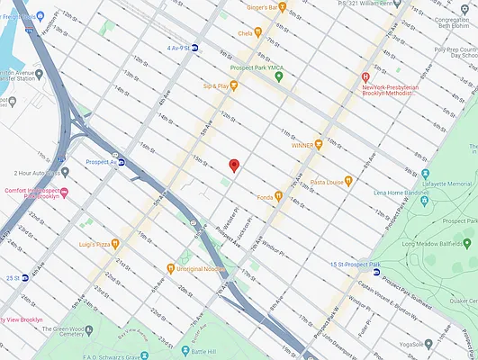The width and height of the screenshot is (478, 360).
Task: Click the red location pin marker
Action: [x=234, y=165]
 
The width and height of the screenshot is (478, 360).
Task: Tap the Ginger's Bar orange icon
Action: [x=282, y=8]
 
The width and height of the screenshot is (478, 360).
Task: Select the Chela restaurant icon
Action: [x=257, y=31]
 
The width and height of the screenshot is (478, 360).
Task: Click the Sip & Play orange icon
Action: [x=233, y=85]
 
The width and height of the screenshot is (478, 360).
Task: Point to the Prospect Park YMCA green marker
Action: [x=279, y=76]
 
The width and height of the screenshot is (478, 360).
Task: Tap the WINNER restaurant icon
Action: [x=318, y=144]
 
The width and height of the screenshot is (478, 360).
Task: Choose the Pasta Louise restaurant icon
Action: [x=348, y=181]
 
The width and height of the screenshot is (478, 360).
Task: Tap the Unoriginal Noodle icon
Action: [x=170, y=267]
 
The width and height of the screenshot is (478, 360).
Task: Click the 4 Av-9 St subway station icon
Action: [x=195, y=47]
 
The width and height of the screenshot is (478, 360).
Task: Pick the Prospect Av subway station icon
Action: [x=122, y=163]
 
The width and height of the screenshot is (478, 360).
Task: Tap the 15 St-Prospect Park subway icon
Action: [x=375, y=271]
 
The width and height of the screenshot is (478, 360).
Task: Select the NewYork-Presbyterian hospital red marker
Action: [x=365, y=77]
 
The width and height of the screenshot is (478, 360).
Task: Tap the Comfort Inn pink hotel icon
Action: [x=63, y=191]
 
